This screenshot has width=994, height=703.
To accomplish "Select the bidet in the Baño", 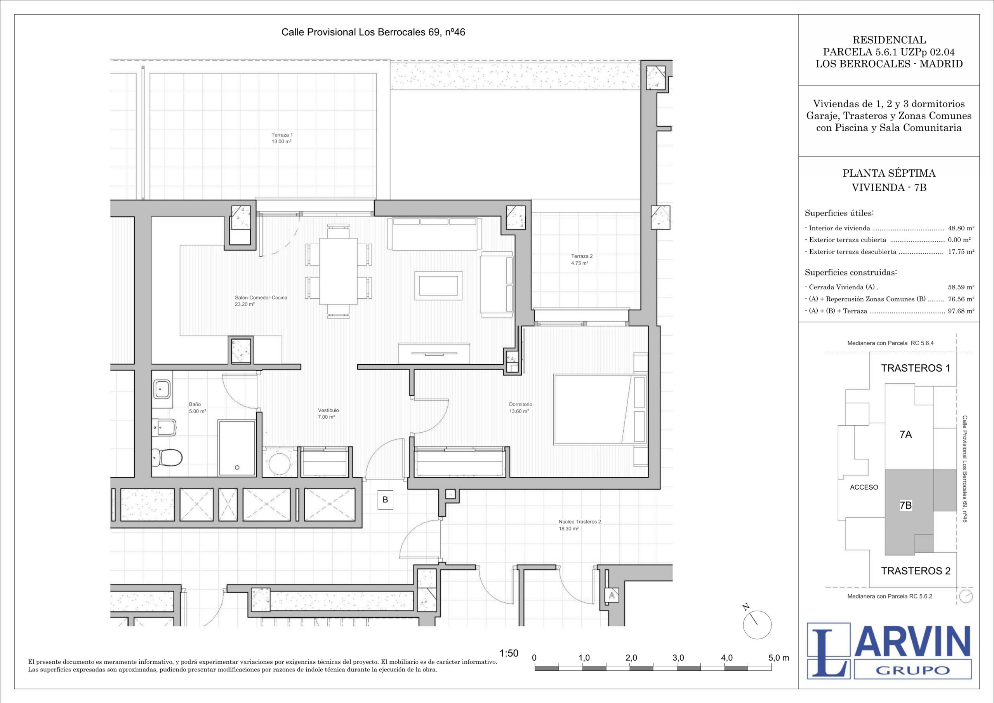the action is (x=164, y=428).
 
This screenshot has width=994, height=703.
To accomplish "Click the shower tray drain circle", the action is (x=237, y=468).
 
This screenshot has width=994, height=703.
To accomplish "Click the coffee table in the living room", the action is (x=438, y=285).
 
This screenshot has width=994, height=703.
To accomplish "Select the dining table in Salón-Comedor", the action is (x=339, y=271).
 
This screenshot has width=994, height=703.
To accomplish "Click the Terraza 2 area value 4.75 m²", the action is (x=580, y=263).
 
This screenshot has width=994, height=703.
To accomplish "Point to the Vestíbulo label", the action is (x=328, y=410).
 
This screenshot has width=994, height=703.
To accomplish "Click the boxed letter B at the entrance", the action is (x=385, y=500).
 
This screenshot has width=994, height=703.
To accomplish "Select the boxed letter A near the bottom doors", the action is (x=612, y=595).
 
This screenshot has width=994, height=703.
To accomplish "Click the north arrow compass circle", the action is (x=757, y=625).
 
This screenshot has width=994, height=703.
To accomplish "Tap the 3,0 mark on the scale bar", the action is (x=678, y=658).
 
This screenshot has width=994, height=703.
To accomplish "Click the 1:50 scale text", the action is (x=509, y=654).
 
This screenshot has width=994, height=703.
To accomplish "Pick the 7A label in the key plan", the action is (x=906, y=435).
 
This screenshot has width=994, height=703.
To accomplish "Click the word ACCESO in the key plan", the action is (x=864, y=487).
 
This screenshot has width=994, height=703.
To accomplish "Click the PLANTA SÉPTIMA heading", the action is (x=889, y=173).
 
